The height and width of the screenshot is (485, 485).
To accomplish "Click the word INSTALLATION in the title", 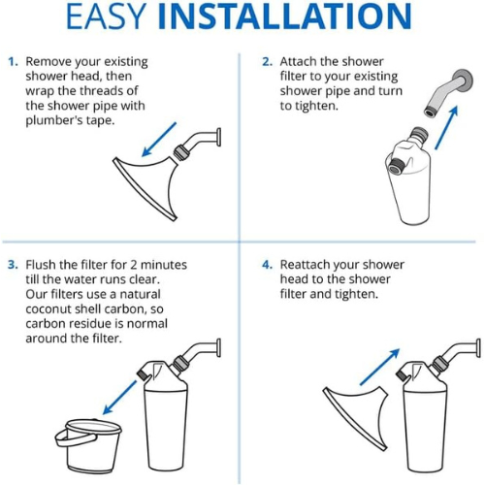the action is (x=284, y=16).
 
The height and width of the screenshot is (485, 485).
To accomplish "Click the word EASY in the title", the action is (x=106, y=16).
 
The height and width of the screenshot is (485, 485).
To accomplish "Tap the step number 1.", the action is (x=13, y=61).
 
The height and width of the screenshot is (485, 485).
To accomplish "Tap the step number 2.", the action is (x=267, y=61).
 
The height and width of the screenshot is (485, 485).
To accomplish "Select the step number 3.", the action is (x=13, y=265).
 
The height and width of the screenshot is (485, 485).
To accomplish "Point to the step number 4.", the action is (x=268, y=265).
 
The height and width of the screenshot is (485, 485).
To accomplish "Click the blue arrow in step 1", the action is (x=159, y=140).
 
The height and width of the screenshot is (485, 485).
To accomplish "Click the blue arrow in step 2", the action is (x=447, y=127).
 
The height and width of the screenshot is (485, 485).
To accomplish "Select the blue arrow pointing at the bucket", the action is (x=119, y=398).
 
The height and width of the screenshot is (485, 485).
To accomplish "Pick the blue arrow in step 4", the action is (x=380, y=367).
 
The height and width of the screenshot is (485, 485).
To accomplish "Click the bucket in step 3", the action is (x=88, y=445).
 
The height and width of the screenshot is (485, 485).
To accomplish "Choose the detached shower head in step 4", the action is (x=357, y=417).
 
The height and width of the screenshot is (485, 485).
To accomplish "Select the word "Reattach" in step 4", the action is (x=305, y=265).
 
